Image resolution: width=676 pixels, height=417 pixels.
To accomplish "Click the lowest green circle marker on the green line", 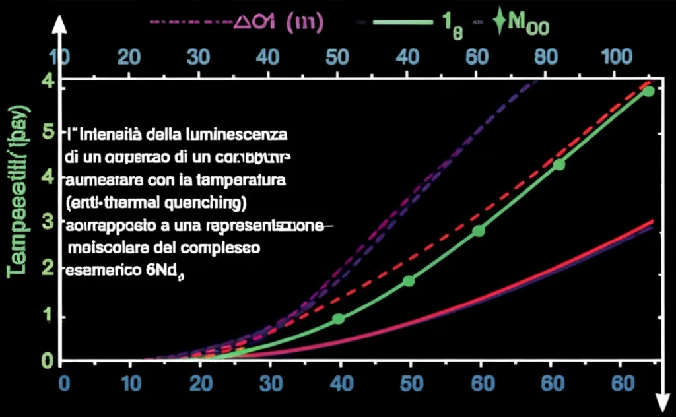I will (339, 319).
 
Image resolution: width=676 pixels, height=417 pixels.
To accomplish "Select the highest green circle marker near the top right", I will (648, 90).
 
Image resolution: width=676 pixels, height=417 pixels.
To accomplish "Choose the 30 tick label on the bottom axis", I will (270, 382).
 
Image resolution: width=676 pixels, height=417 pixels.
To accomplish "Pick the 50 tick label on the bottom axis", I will (409, 382).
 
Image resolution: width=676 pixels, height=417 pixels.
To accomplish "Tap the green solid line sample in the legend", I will (396, 22).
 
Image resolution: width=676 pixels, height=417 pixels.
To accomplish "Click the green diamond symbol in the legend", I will (500, 22).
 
